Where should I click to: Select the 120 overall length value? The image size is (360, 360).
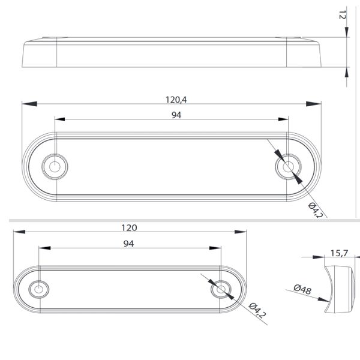tap(129, 227)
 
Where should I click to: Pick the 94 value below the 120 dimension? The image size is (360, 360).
tap(128, 243)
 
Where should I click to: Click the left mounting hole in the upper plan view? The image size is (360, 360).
tap(55, 166)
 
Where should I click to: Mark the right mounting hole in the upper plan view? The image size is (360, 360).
tap(290, 166)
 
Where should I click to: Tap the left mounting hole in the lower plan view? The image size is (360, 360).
tap(39, 290)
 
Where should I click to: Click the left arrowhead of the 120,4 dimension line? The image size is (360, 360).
tap(25, 104)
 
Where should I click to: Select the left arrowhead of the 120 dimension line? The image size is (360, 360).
tap(16, 233)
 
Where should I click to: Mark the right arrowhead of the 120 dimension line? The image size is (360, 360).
tap(242, 233)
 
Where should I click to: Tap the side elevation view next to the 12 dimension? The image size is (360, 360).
tap(174, 53)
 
